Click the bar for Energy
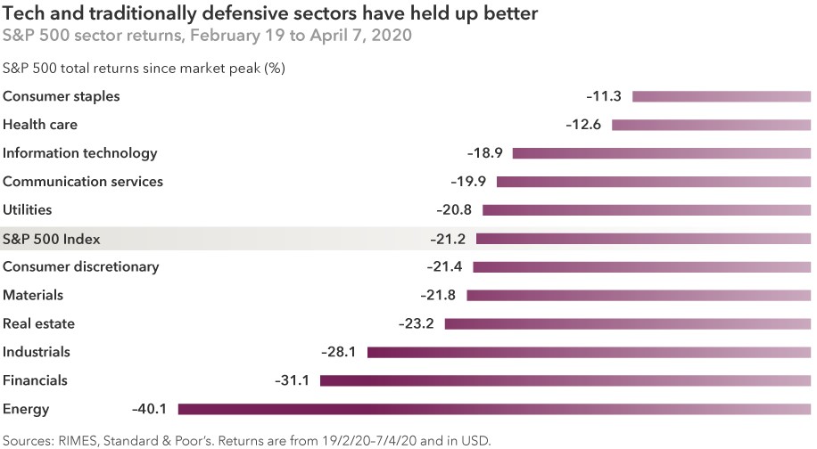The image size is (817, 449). click(494, 409)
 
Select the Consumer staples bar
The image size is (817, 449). click(721, 96)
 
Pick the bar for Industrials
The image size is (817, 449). click(589, 352)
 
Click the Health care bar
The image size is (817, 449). click(711, 125)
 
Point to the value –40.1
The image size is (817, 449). click(149, 409)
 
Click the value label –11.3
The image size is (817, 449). click(603, 96)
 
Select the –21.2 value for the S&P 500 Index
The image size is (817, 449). click(448, 239)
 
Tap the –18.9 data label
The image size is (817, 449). click(485, 153)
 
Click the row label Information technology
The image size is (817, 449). click(80, 153)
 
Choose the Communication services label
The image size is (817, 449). click(83, 182)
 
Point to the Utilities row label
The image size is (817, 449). click(28, 210)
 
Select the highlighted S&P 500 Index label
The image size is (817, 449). click(52, 239)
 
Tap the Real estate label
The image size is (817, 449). click(39, 323)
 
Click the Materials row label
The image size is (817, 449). click(33, 295)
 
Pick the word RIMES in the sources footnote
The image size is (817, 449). click(78, 439)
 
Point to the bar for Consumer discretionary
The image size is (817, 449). click(641, 266)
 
